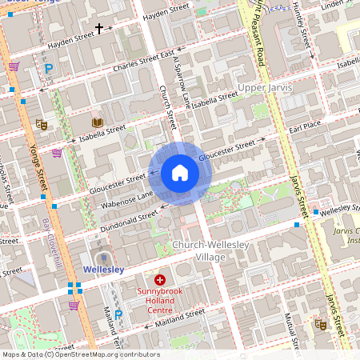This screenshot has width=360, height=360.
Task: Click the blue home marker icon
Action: (x=180, y=173)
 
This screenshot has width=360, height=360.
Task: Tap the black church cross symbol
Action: (x=100, y=29)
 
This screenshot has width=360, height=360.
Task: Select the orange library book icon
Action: (x=98, y=122)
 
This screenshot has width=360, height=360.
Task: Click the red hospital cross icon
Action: (x=160, y=279)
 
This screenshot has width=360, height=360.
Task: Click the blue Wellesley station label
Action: (x=102, y=270)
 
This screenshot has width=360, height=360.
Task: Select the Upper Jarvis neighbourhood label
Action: (x=263, y=86)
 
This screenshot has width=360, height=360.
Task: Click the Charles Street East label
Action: (x=144, y=62)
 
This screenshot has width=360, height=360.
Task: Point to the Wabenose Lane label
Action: (x=126, y=200)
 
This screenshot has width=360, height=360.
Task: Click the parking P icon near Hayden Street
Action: (x=49, y=70)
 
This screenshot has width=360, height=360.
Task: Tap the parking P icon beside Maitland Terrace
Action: (x=118, y=314)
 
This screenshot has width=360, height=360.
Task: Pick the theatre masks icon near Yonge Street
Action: (x=41, y=124)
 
